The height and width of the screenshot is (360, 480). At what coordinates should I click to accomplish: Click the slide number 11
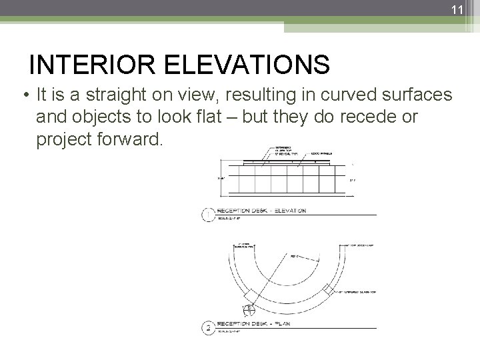pyautogui.click(x=457, y=9)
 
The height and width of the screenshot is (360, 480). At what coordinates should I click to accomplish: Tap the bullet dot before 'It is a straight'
pyautogui.click(x=25, y=95)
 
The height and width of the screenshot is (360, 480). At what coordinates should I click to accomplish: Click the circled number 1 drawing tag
pyautogui.click(x=208, y=214)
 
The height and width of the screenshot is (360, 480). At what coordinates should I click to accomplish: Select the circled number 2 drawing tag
pyautogui.click(x=208, y=327)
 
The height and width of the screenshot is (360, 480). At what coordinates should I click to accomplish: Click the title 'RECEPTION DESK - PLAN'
pyautogui.click(x=257, y=324)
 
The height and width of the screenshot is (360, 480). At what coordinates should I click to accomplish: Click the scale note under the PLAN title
pyautogui.click(x=231, y=331)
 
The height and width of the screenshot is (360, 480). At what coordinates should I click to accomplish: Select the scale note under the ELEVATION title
pyautogui.click(x=231, y=217)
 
